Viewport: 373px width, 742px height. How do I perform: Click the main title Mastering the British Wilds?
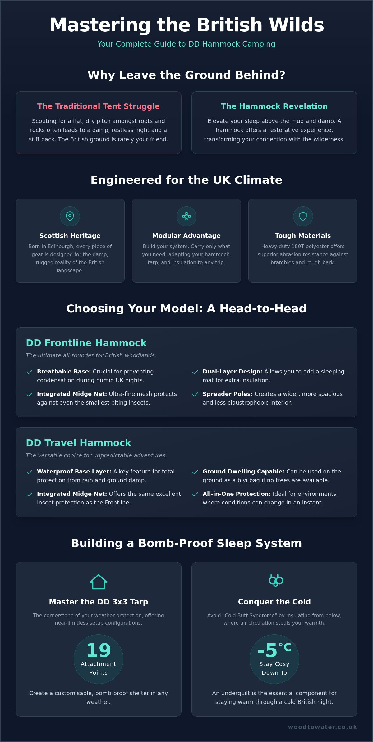point(186,25)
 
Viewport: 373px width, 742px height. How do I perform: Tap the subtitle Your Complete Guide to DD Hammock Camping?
point(186,44)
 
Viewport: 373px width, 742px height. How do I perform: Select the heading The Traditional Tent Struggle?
point(98,106)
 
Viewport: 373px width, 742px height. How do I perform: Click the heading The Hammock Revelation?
point(274,106)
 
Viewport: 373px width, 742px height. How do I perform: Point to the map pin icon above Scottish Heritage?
point(70,216)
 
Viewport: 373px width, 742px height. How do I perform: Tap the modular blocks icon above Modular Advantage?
point(186,216)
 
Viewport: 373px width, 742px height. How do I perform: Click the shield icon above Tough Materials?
point(303,216)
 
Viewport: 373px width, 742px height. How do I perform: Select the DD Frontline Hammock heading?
point(86,343)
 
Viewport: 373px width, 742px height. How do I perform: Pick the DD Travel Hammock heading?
point(78,443)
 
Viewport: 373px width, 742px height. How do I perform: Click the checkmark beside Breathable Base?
point(30,372)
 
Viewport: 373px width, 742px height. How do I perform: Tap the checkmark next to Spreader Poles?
point(195,394)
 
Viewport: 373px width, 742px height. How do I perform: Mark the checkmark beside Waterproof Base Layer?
point(30,472)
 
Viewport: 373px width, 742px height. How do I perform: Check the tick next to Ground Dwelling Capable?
point(195,472)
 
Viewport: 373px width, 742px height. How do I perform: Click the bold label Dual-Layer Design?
point(233,372)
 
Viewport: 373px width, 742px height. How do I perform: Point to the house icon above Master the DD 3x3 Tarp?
point(99,581)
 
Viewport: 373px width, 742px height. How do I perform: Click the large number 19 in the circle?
point(99,650)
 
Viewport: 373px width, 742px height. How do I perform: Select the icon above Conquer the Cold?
point(276,580)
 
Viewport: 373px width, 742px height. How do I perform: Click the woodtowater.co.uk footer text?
point(323,727)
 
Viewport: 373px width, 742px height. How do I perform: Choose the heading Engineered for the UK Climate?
point(186,180)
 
